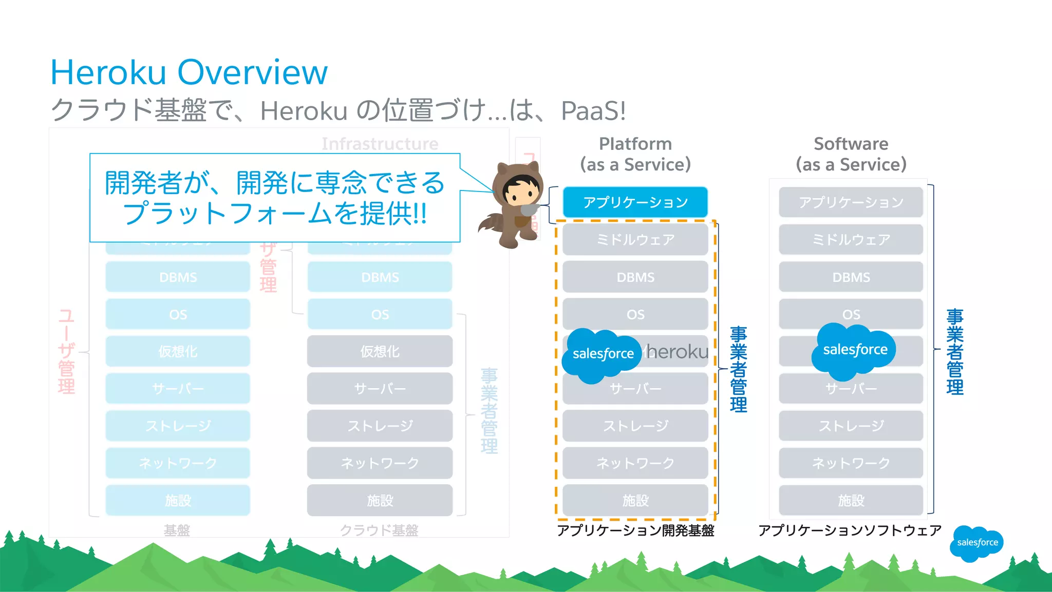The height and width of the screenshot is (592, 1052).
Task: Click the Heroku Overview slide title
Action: point(189,72)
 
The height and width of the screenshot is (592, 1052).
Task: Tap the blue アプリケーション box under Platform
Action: point(635,202)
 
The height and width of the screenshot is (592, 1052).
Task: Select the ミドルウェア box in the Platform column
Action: point(635,240)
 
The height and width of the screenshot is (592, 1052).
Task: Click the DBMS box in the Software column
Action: point(851,277)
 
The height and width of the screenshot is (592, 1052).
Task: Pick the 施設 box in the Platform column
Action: point(635,500)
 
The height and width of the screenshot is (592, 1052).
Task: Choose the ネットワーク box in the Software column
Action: point(851,463)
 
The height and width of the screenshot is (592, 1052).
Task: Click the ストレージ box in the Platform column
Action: point(635,426)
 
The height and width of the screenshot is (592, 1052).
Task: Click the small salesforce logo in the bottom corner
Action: point(976,543)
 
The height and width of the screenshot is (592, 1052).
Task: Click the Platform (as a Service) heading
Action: point(635,154)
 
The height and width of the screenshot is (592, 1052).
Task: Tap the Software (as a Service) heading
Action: point(851,154)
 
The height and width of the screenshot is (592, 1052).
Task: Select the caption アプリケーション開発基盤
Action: point(635,530)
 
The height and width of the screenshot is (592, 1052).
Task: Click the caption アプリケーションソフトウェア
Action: point(850,530)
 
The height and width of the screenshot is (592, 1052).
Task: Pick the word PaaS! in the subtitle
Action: point(593,110)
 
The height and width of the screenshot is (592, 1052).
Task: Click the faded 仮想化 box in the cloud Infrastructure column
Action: point(380,352)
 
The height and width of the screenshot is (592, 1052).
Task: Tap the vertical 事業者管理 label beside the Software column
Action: point(955,352)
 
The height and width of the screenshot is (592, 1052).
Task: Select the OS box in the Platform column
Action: point(635,314)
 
